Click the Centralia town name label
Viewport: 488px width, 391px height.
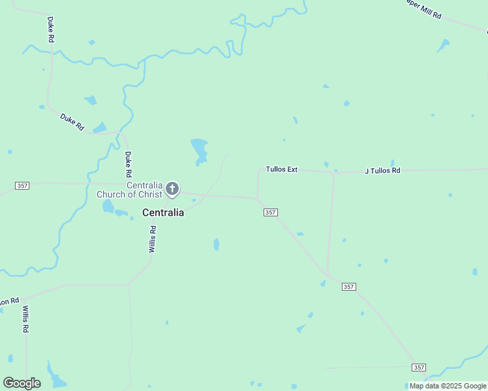click(x=163, y=212)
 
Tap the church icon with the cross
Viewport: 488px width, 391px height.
click(x=172, y=189)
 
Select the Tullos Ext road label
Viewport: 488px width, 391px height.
click(x=281, y=169)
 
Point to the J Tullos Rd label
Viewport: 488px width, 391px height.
click(x=382, y=171)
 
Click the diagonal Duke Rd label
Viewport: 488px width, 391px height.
click(x=72, y=123)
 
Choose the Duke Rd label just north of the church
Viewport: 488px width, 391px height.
click(x=129, y=165)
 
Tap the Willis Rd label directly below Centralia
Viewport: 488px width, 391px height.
click(x=153, y=239)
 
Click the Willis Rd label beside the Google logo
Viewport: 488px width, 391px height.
click(x=26, y=319)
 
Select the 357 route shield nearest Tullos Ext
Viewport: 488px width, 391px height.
click(x=271, y=212)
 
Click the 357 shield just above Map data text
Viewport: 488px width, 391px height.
click(x=419, y=368)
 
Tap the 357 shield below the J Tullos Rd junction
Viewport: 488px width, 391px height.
click(x=348, y=287)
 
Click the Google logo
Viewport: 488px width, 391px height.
click(x=22, y=383)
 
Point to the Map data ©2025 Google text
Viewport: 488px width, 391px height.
click(x=448, y=386)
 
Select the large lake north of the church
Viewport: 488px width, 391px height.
click(x=199, y=150)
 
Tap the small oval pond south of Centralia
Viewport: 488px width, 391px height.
click(x=216, y=244)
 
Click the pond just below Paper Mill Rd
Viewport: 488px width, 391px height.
click(x=444, y=46)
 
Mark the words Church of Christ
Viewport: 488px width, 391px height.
click(x=137, y=194)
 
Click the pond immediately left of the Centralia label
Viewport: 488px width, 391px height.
click(x=108, y=207)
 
